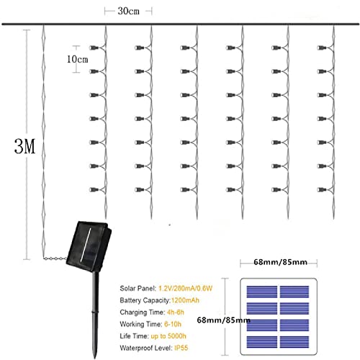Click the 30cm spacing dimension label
tap(128, 12)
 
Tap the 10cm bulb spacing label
tap(77, 59)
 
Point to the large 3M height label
tap(24, 146)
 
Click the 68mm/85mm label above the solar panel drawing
tap(280, 262)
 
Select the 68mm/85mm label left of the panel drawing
tap(223, 320)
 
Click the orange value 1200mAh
tap(185, 300)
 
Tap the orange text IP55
tap(181, 348)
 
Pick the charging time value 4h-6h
tap(176, 312)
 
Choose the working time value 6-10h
tap(173, 324)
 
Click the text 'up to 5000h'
tap(168, 336)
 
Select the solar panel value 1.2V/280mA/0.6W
tap(186, 288)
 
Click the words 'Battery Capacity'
tap(145, 300)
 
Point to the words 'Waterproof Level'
tap(146, 348)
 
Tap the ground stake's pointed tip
tap(95, 359)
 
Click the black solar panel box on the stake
tap(89, 246)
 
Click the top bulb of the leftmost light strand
tap(94, 48)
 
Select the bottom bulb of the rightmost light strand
tap(321, 190)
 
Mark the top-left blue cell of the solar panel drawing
tap(262, 292)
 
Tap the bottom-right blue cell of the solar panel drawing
tap(294, 342)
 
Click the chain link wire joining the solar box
tap(55, 258)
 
